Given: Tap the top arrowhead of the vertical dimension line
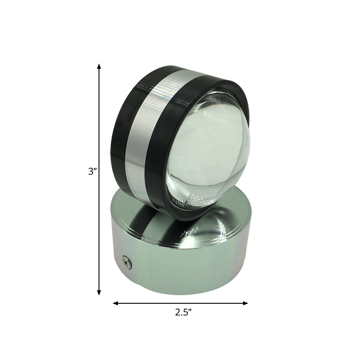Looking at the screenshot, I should point(99,67).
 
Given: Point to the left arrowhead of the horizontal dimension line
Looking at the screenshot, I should point(115,303).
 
